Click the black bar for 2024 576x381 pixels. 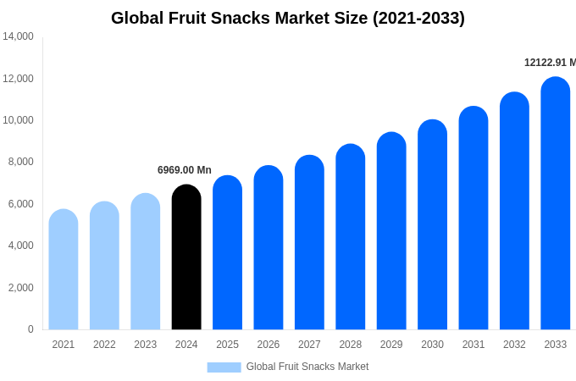coord(186,257)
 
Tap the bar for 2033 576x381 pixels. coord(556,203)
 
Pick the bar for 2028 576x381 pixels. coord(351,237)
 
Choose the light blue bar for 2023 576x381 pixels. coord(146,262)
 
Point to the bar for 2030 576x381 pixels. coord(432,224)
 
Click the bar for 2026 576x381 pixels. coord(269,247)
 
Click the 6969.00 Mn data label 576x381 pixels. coord(185,170)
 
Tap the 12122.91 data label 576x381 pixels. coord(549,63)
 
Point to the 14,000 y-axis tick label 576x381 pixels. coord(18,36)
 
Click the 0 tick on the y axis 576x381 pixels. coord(30,329)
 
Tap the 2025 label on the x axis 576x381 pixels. coord(227,345)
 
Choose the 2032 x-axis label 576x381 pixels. coord(514,345)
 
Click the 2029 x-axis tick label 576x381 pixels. coord(391,345)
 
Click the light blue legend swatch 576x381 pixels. coord(224,367)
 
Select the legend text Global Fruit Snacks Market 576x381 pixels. coord(307,367)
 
